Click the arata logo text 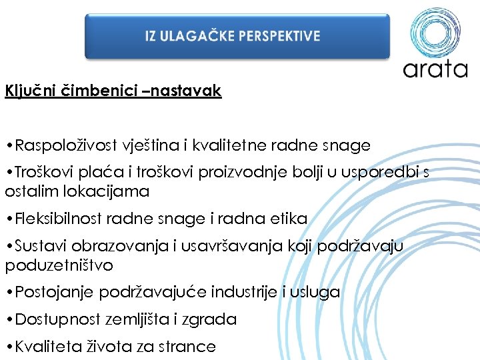tap(435, 68)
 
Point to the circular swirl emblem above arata tap(435, 31)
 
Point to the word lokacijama tap(111, 192)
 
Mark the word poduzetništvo tap(59, 266)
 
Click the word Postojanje tap(54, 292)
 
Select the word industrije tap(243, 292)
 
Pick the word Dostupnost tap(56, 319)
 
